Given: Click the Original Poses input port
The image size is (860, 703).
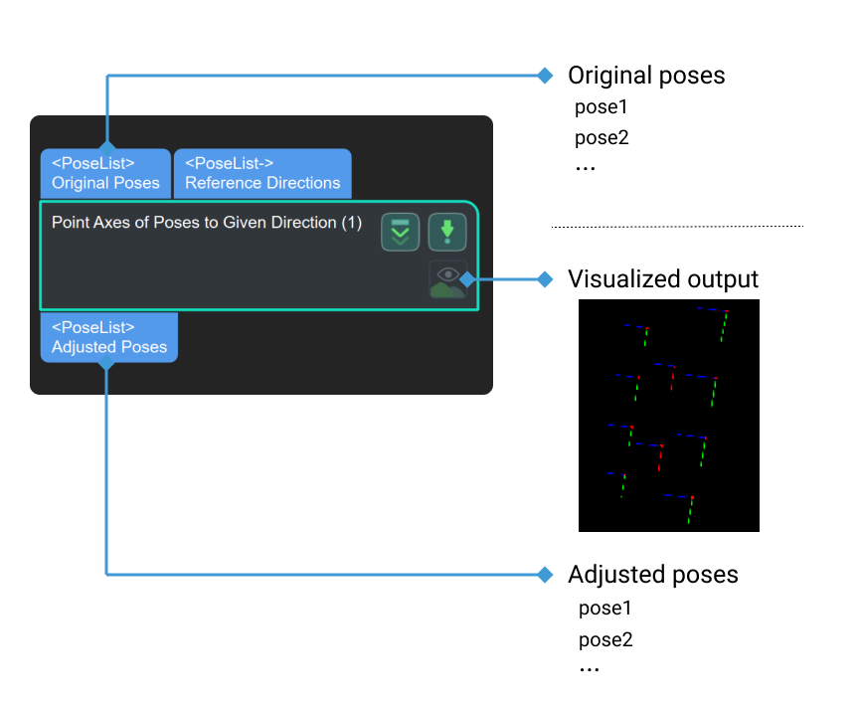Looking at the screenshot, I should click(105, 173).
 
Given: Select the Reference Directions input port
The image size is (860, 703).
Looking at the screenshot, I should click(262, 173).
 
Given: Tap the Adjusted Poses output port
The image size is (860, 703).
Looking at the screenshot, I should click(109, 337).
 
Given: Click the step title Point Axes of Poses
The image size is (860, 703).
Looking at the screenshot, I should click(207, 223).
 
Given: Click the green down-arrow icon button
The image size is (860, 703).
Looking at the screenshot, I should click(446, 232).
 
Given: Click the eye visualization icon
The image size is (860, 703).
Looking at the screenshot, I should click(448, 279).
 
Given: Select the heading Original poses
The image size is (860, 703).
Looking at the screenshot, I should click(646, 76).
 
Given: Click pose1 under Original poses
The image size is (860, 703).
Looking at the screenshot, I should click(602, 107).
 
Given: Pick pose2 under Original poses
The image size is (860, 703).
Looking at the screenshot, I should click(602, 137).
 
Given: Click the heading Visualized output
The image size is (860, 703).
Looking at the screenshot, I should click(662, 279).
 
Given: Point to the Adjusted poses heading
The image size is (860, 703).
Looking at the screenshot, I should click(652, 575).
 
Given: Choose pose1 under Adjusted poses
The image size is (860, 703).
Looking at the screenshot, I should click(605, 608).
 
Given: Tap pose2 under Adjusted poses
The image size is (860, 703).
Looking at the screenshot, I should click(605, 639).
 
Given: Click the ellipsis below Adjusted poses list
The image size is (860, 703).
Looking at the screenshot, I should click(589, 669).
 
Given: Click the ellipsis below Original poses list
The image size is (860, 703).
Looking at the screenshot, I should click(585, 168).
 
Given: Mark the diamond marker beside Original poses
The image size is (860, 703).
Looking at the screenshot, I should click(544, 76).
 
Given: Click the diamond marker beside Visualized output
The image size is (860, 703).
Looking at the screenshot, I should click(544, 279).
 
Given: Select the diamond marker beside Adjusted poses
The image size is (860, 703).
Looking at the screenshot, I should click(544, 575).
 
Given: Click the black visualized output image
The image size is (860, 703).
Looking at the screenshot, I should click(668, 415).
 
